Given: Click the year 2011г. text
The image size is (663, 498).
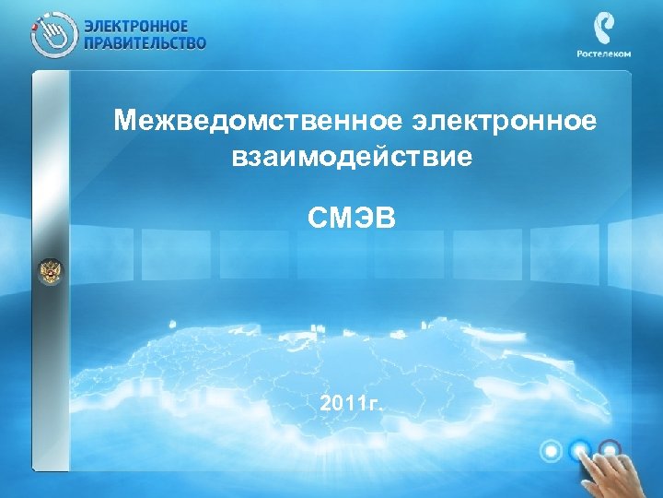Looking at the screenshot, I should pyautogui.click(x=354, y=403).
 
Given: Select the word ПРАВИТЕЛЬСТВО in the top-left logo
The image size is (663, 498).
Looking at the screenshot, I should pyautogui.click(x=145, y=42).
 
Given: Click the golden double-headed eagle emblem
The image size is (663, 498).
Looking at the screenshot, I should pyautogui.click(x=48, y=272).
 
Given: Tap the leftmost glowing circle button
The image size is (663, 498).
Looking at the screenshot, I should pyautogui.click(x=551, y=451).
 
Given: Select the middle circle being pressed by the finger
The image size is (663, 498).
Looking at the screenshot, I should pyautogui.click(x=580, y=451).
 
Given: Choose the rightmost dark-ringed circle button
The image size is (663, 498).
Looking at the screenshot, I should pyautogui.click(x=611, y=451).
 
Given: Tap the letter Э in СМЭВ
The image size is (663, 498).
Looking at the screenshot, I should pyautogui.click(x=363, y=221).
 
